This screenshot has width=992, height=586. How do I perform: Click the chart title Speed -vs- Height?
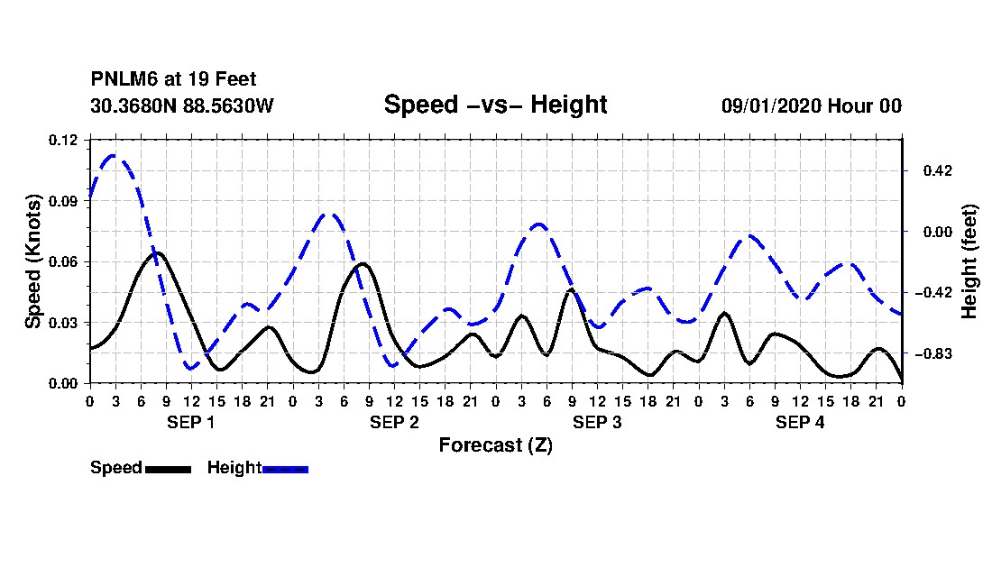[495, 105]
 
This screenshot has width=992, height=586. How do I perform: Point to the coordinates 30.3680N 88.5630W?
[181, 105]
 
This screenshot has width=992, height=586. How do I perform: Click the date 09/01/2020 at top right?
[770, 105]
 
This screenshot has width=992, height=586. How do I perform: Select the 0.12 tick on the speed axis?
[62, 140]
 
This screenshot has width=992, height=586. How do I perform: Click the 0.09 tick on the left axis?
[62, 201]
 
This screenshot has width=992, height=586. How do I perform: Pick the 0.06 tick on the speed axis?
[62, 261]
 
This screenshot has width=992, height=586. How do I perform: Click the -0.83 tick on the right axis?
[933, 354]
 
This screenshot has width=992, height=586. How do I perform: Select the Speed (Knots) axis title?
[32, 261]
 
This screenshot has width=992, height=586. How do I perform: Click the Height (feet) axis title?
[969, 261]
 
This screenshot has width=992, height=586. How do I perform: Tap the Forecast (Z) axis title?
[495, 445]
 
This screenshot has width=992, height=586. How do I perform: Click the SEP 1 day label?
[190, 422]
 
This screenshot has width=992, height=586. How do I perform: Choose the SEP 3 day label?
[597, 422]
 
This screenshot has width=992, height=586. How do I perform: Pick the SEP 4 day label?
[800, 422]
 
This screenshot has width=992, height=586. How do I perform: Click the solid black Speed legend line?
[168, 469]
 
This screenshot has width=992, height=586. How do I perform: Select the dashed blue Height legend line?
[285, 469]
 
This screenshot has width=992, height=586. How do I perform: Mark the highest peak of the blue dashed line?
[114, 155]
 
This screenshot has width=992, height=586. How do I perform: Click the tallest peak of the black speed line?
[158, 253]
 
